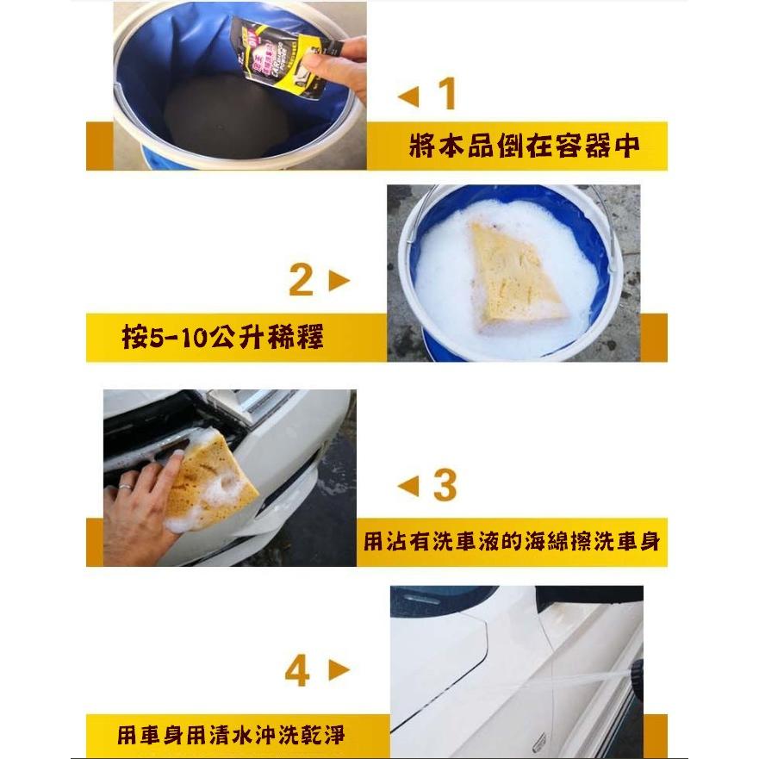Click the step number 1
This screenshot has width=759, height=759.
point(446,94)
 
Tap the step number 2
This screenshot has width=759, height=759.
point(301,280)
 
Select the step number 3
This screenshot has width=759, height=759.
point(444,486)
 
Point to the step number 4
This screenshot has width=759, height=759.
point(297,671)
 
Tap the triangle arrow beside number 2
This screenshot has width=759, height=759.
point(339,281)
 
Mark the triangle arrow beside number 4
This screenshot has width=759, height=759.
point(339,671)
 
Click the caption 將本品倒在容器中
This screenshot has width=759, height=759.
point(524,146)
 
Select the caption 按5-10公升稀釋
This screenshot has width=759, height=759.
point(222,337)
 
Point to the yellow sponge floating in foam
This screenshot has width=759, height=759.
point(513,277)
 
